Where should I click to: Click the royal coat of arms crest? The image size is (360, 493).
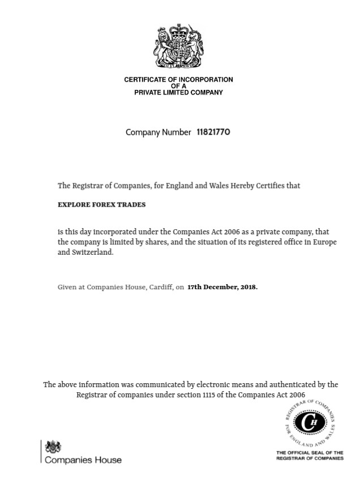179,46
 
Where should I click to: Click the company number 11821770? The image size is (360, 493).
213,132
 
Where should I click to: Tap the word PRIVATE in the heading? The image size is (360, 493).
149,92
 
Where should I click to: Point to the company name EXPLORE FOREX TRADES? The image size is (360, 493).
101,205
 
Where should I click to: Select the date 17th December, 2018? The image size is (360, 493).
222,287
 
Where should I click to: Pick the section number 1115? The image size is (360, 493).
209,395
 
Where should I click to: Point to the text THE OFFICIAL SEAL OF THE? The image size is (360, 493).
310,453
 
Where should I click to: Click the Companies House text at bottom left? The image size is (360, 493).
83,460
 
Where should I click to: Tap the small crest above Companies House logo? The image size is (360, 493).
53,447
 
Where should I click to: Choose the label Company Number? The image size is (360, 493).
158,132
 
